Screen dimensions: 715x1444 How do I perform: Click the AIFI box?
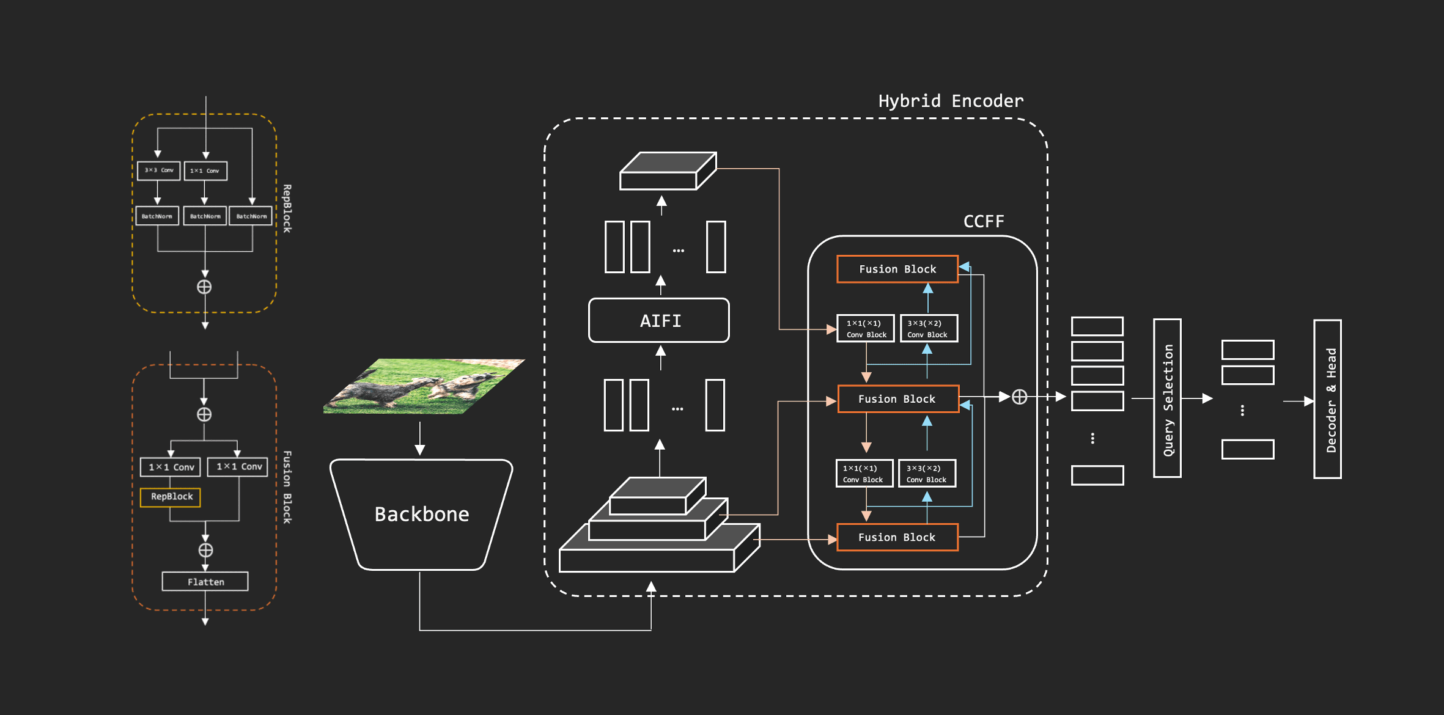659,321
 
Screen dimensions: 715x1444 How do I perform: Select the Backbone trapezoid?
421,514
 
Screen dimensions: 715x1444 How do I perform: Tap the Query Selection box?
1167,398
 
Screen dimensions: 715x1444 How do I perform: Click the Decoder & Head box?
1327,399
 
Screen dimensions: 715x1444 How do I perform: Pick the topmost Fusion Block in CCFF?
897,269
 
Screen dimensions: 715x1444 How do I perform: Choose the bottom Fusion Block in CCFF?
897,537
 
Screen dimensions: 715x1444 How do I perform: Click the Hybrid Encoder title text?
951,101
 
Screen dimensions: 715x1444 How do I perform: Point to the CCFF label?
984,221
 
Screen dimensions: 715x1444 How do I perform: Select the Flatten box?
205,582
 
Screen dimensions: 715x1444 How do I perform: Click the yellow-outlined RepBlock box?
171,497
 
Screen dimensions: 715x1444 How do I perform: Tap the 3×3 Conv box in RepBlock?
159,170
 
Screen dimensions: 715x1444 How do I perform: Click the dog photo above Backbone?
424,386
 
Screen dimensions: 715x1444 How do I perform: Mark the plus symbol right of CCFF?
1019,397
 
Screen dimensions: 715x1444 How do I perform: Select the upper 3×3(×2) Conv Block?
928,329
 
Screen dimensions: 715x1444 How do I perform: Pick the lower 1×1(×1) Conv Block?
864,474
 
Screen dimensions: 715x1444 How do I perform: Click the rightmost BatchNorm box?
251,216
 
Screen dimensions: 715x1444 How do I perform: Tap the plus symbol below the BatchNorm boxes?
204,287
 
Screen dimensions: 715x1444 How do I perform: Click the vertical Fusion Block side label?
287,487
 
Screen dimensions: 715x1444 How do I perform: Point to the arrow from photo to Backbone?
420,439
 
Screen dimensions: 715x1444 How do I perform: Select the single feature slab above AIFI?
668,171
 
